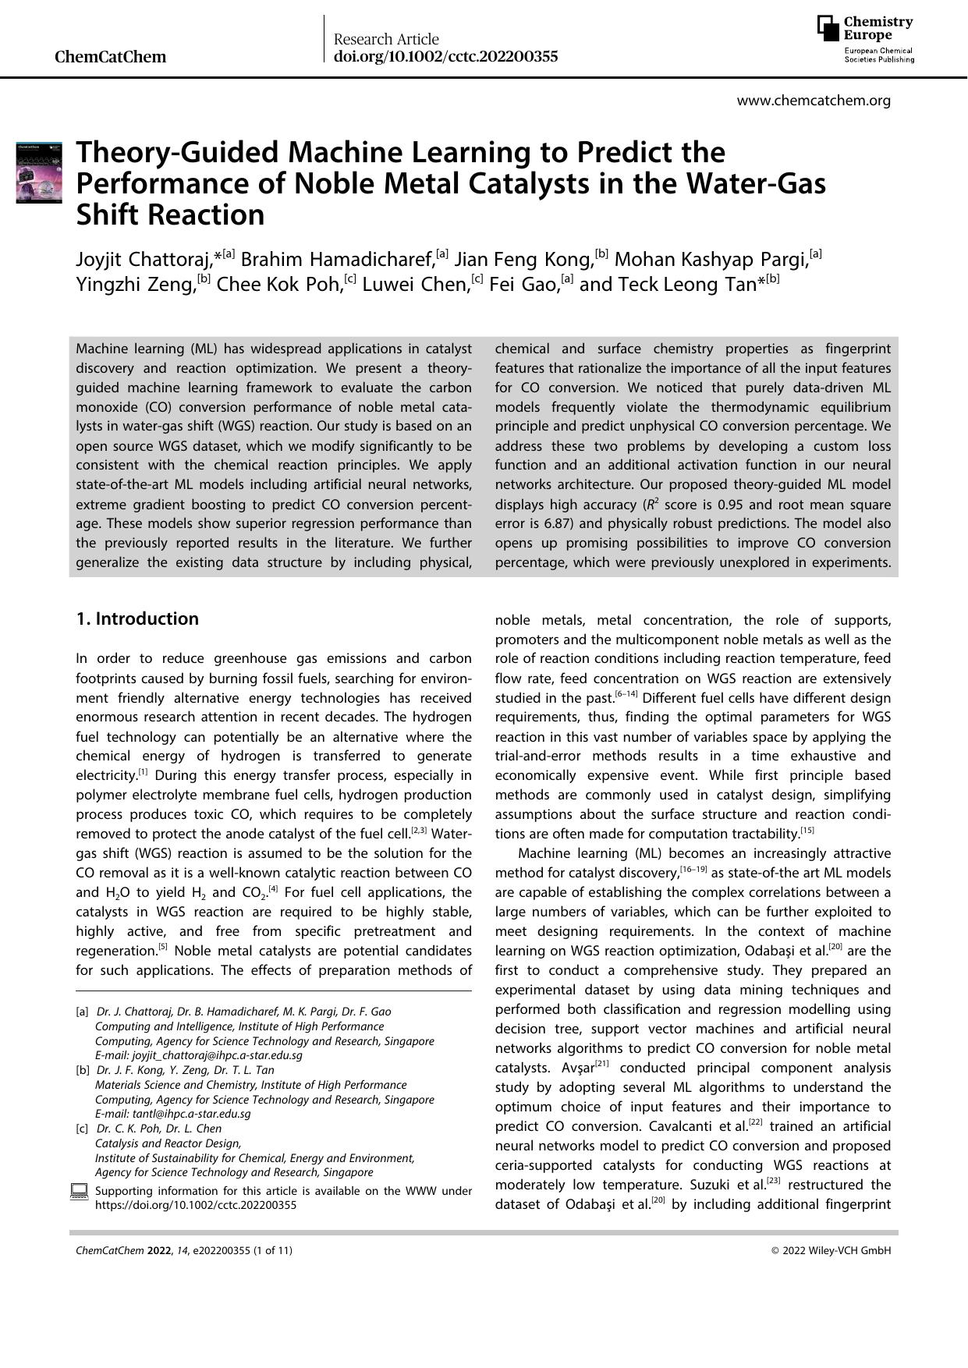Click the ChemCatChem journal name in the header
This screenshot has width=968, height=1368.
pyautogui.click(x=110, y=57)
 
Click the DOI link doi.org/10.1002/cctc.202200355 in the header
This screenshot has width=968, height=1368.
pyautogui.click(x=445, y=57)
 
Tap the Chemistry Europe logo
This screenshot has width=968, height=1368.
pyautogui.click(x=866, y=40)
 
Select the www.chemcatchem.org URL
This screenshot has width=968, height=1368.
pyautogui.click(x=814, y=101)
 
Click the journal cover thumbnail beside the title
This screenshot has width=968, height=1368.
pyautogui.click(x=39, y=172)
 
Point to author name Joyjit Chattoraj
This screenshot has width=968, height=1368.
pyautogui.click(x=144, y=259)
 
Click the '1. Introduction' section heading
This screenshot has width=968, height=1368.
pyautogui.click(x=137, y=619)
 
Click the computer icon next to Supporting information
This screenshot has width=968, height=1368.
pyautogui.click(x=79, y=1191)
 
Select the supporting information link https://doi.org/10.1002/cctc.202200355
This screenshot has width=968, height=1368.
pyautogui.click(x=195, y=1204)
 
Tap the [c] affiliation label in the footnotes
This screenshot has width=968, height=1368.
pyautogui.click(x=82, y=1129)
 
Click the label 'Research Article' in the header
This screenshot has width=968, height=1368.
pyautogui.click(x=386, y=39)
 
